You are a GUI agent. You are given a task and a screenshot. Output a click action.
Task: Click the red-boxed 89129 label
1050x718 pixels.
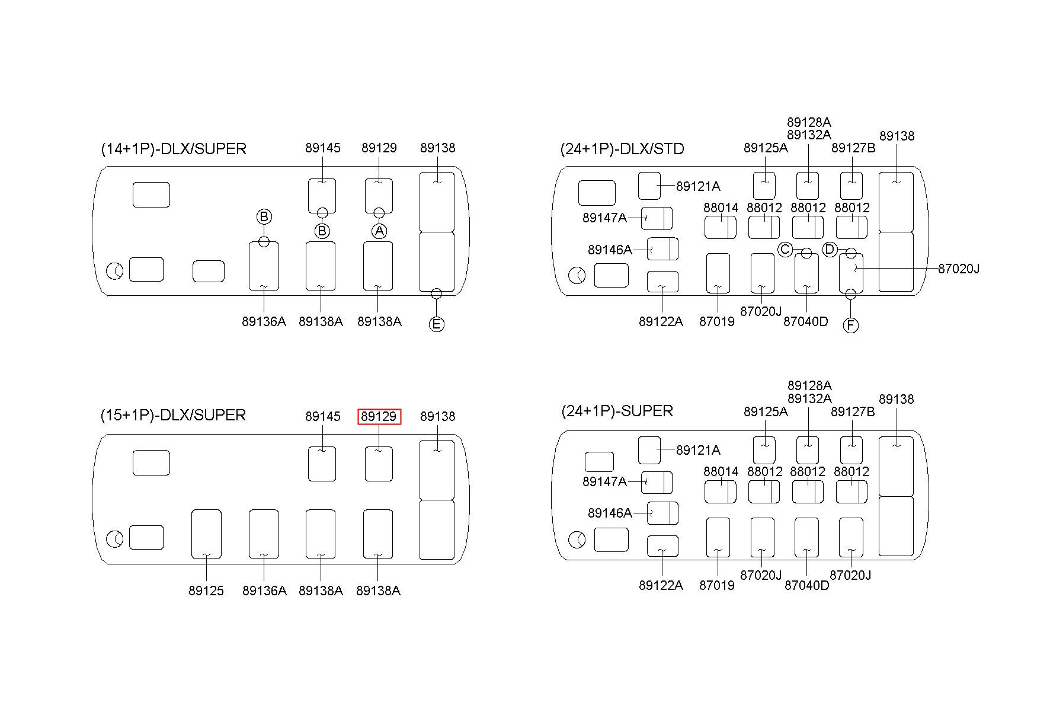379,417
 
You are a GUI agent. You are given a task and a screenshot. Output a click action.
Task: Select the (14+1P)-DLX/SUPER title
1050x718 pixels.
174,149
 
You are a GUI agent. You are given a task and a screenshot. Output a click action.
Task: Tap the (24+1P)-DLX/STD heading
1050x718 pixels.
622,149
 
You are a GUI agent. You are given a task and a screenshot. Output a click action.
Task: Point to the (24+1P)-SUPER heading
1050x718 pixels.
617,411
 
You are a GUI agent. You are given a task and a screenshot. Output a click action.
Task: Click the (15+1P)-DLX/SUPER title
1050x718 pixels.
173,415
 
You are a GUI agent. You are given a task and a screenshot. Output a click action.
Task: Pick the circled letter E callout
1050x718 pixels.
437,324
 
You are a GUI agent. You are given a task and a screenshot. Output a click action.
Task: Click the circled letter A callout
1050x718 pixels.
379,231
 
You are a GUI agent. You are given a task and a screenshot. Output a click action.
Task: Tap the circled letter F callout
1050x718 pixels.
851,326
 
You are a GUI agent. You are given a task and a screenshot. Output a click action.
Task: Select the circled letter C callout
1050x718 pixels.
785,250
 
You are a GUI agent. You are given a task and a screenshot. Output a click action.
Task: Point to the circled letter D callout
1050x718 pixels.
830,250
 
